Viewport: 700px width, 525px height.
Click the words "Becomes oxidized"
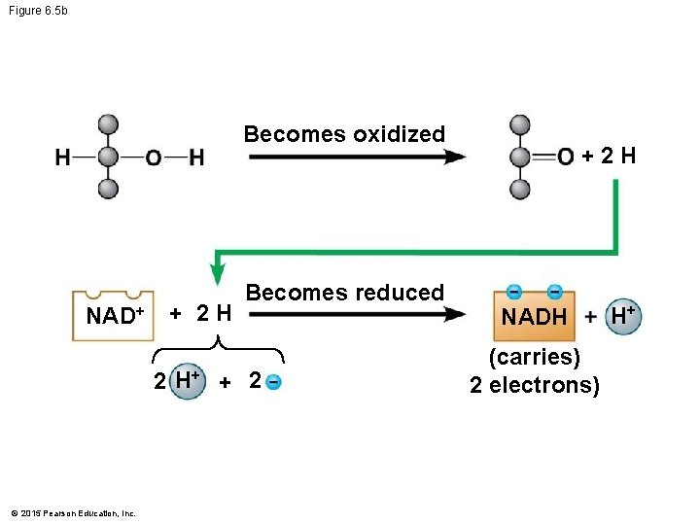click(x=344, y=134)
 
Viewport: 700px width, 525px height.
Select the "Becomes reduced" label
click(x=345, y=292)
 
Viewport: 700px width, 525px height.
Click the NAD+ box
click(x=114, y=315)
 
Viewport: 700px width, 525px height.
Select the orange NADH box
click(x=534, y=315)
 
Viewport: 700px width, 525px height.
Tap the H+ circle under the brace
click(x=186, y=380)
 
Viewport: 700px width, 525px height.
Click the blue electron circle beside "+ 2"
click(x=274, y=381)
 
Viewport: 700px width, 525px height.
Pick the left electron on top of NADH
click(x=513, y=291)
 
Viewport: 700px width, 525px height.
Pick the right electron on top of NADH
click(x=554, y=291)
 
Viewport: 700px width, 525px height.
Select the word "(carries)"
click(x=534, y=357)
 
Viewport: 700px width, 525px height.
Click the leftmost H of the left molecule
click(x=62, y=157)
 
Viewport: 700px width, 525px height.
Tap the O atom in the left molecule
click(x=154, y=157)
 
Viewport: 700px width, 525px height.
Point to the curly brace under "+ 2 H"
click(x=219, y=346)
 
